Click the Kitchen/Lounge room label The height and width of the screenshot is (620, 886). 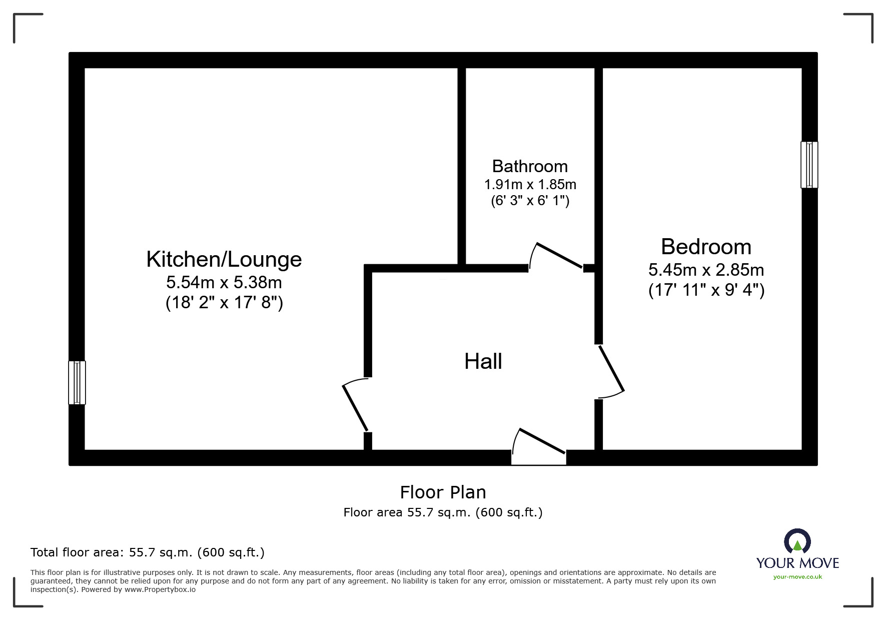coord(224,259)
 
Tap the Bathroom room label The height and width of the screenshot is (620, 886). coord(530,166)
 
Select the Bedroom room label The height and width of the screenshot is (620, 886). coord(706,247)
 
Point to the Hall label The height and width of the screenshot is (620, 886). coord(483,361)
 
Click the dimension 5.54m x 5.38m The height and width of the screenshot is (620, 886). coord(224,283)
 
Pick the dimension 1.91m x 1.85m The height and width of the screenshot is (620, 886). coord(530,185)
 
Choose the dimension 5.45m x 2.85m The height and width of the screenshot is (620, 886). coord(706,270)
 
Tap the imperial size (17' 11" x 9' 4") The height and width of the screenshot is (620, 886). coord(706,290)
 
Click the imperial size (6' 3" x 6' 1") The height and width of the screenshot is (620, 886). coord(530,201)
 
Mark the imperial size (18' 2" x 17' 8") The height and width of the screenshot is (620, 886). coord(224,303)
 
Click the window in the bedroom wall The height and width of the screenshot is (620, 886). coord(809,165)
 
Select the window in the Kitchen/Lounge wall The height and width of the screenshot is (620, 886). coord(77,382)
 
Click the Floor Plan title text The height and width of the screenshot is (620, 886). coord(443,492)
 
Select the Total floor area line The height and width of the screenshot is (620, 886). coord(148,552)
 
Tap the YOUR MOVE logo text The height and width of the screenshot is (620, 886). coord(797,563)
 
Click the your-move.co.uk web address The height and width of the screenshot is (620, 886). coord(797,577)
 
